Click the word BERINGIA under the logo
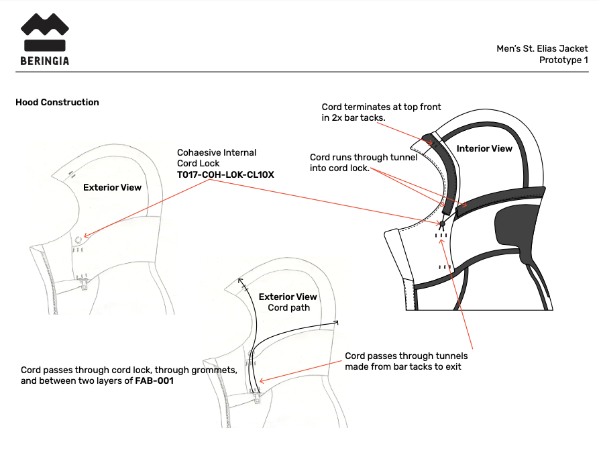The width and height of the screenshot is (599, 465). click(x=44, y=60)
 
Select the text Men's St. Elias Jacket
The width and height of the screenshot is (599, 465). click(x=542, y=48)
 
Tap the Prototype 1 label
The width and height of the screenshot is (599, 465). click(x=563, y=60)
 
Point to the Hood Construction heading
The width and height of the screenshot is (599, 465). click(x=57, y=103)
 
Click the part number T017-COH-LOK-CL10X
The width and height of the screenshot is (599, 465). click(x=226, y=174)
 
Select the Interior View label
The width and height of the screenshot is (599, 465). click(x=484, y=148)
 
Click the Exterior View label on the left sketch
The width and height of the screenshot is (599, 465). click(x=112, y=187)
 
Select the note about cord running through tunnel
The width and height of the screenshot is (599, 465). click(x=364, y=162)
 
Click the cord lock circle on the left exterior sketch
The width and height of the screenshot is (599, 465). click(x=78, y=239)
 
